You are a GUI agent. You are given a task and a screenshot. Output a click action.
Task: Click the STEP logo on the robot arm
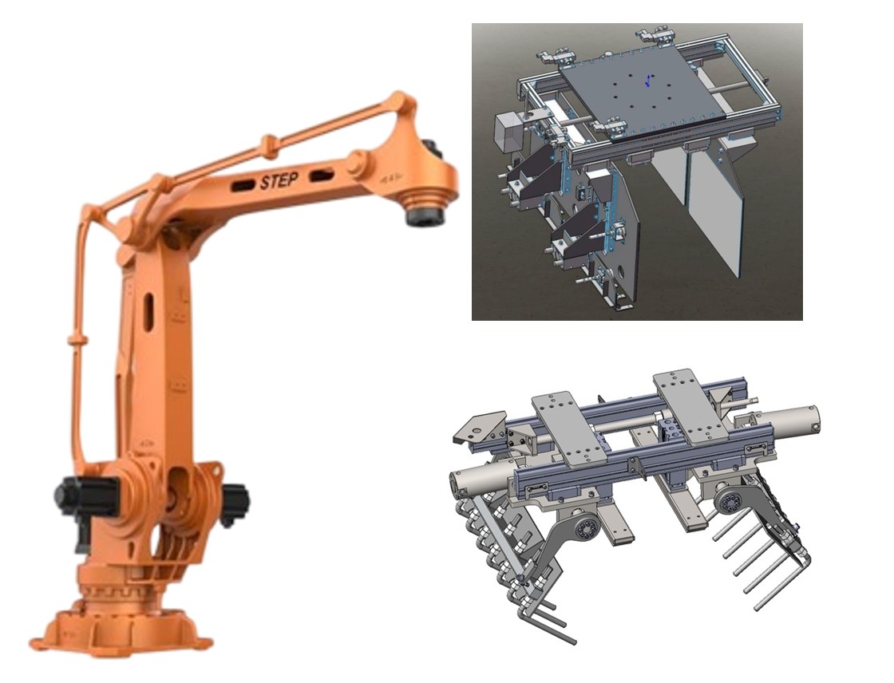pos(279,181)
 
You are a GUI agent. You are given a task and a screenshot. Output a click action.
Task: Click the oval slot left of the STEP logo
pos(243,185)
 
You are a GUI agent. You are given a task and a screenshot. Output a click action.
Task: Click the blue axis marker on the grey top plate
pos(648,81)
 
